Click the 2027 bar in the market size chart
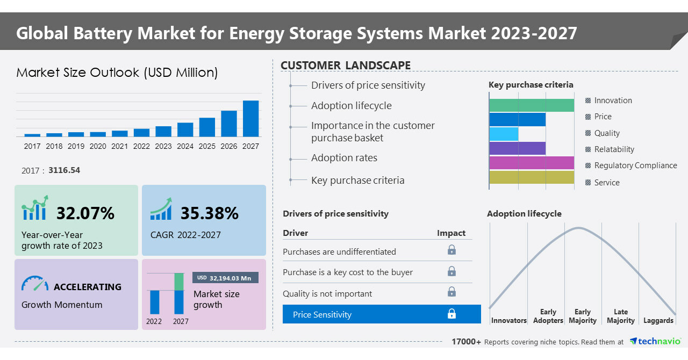point(250,118)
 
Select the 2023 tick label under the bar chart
point(163,146)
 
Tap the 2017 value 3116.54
point(64,170)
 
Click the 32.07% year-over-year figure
point(85,213)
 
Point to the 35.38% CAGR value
point(209,213)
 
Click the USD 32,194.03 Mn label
point(225,278)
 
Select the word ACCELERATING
point(88,287)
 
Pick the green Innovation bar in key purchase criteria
point(532,105)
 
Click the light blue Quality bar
point(504,134)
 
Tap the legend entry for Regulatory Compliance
point(635,165)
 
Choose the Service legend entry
point(606,183)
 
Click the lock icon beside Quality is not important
point(451,292)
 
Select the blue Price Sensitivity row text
point(322,315)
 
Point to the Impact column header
point(451,233)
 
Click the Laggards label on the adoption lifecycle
point(658,321)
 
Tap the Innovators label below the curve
point(508,321)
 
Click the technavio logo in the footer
point(655,341)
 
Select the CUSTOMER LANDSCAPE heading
point(346,66)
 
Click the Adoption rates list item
point(344,158)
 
